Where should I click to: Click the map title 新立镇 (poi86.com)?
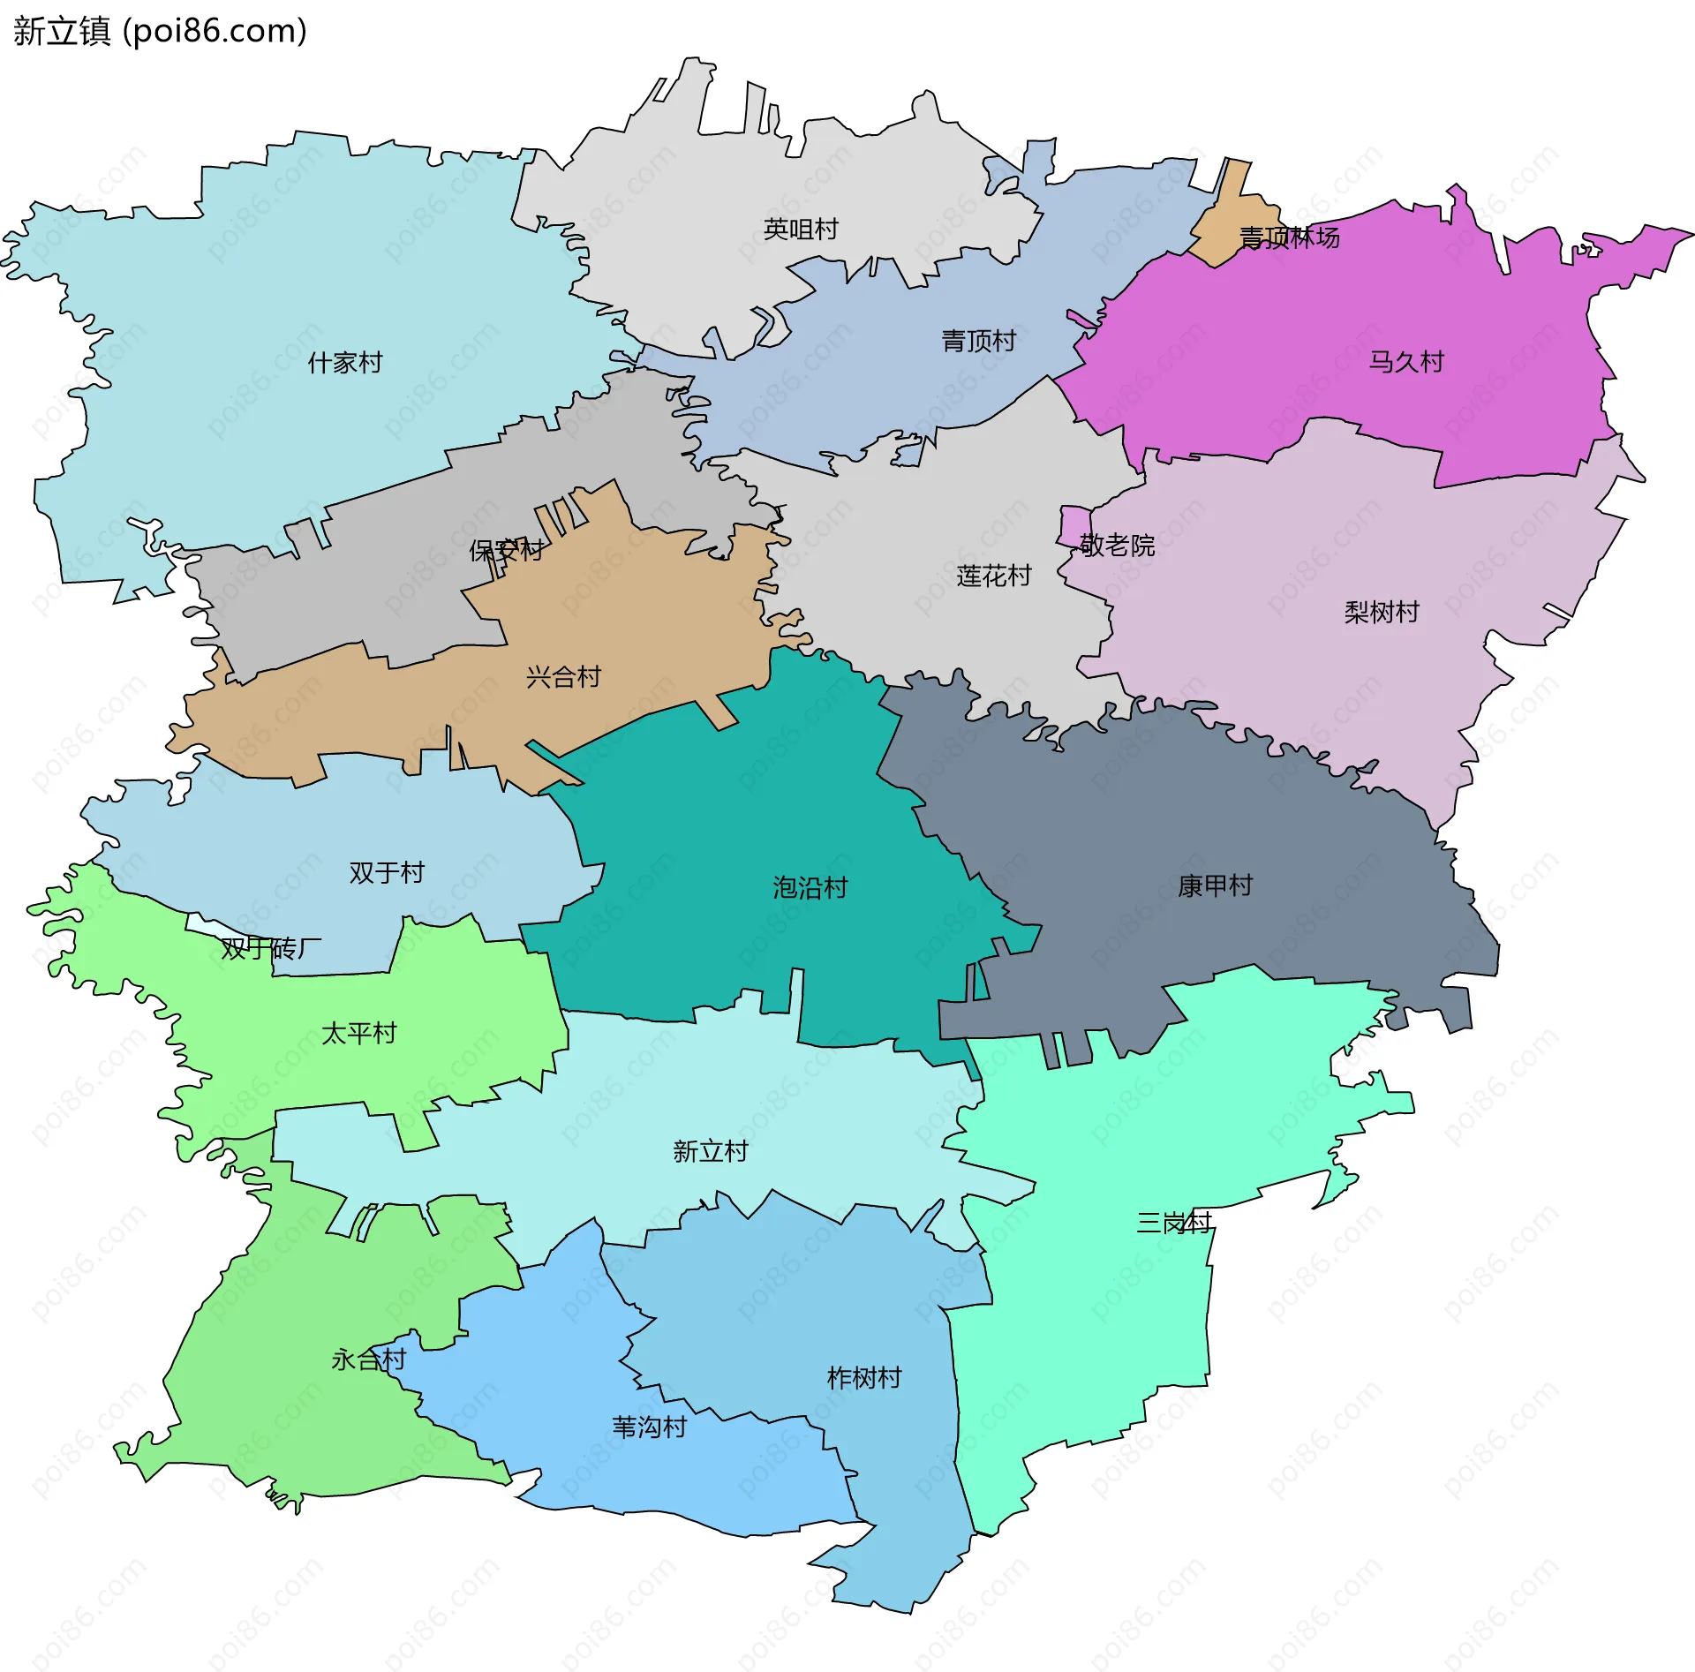[160, 31]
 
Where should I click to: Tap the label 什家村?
[344, 363]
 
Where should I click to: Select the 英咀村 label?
[801, 230]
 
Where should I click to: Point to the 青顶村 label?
[978, 341]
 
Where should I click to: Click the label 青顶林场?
[1289, 237]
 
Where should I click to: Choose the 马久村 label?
[1406, 362]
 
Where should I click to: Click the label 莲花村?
[994, 576]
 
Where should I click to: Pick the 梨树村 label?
[1382, 612]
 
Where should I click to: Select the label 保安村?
[507, 551]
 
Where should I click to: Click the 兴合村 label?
[563, 677]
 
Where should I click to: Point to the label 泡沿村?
[810, 887]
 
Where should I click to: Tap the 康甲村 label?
[1215, 885]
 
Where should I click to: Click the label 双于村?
[387, 872]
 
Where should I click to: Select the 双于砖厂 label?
[271, 949]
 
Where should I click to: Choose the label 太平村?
[359, 1033]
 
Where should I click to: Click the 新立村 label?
[710, 1151]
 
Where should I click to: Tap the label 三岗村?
[1174, 1223]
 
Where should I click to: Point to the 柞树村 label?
[863, 1378]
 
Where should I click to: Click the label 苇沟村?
[649, 1427]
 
